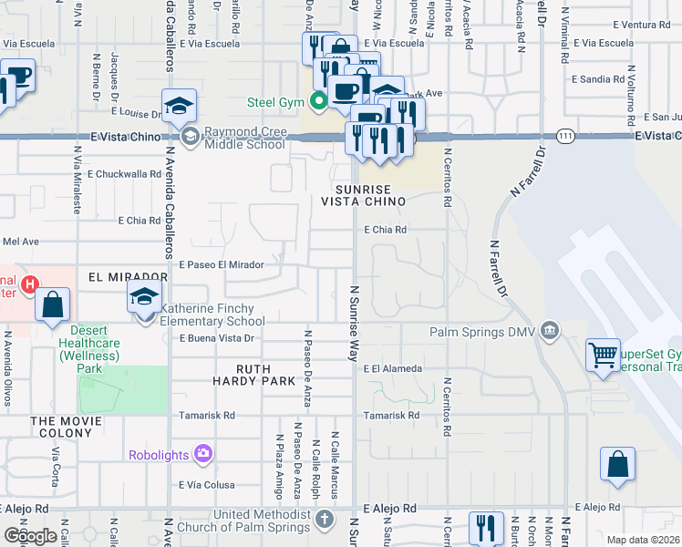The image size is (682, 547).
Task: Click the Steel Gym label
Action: coord(277,101)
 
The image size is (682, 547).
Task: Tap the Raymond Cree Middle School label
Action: coord(244,138)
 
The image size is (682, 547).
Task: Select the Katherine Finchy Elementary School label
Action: coord(212,315)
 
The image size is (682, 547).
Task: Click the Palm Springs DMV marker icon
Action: coord(550,330)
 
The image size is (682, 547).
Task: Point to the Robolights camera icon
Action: coord(203,452)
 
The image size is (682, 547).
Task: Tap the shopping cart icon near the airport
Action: coord(603,356)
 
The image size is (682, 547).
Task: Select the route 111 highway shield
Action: coord(565,135)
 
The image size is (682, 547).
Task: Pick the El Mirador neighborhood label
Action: coord(128,275)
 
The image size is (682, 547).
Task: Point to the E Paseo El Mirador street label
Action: coord(222,264)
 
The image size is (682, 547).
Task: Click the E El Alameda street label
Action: coord(392,368)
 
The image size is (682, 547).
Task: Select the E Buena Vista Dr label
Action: coord(215,337)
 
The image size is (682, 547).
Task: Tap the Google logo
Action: coord(30,535)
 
